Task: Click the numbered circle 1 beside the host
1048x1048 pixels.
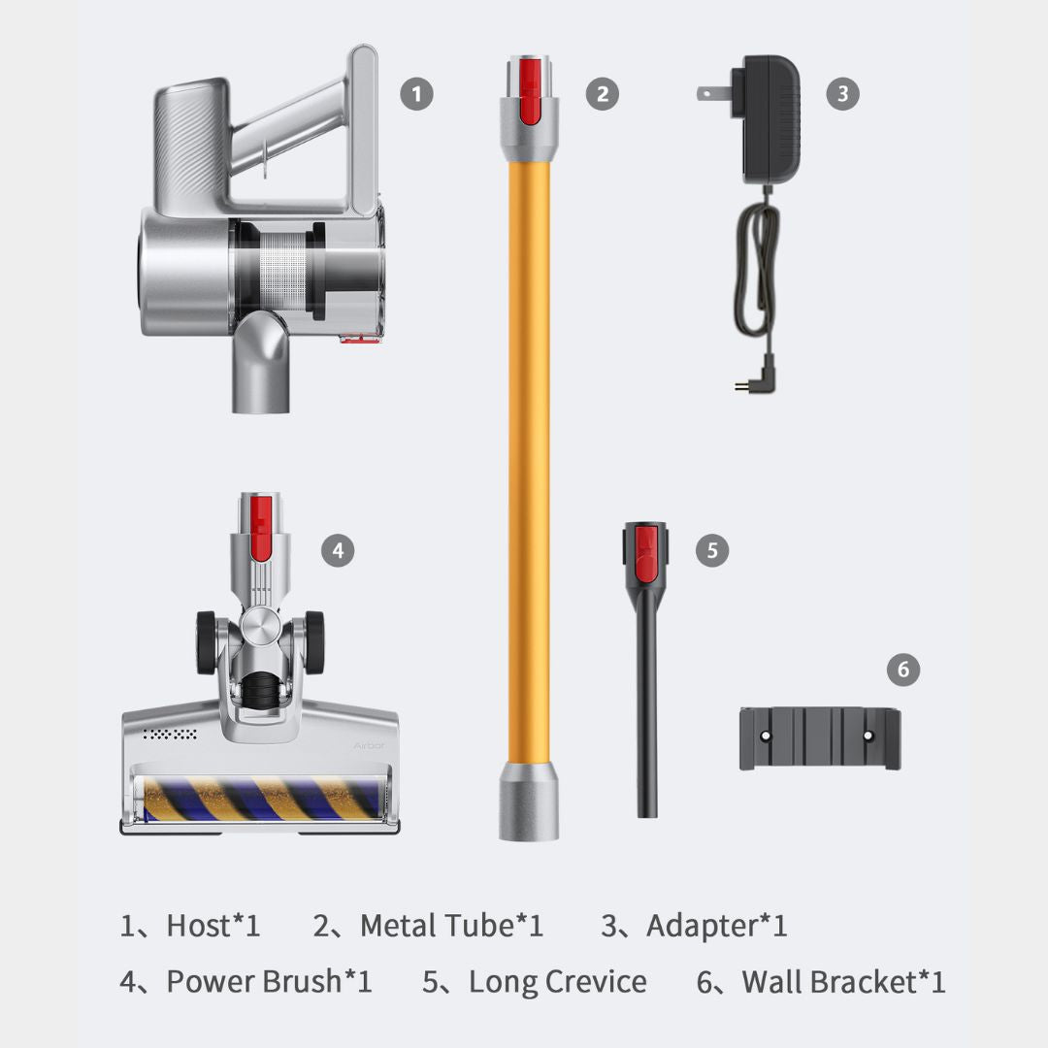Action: (x=416, y=93)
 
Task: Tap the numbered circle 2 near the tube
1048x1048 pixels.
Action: (x=603, y=93)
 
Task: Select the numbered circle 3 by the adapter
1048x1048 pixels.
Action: (x=843, y=93)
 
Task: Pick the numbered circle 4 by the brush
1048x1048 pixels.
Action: (x=338, y=551)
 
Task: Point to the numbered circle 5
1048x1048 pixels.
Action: (x=712, y=551)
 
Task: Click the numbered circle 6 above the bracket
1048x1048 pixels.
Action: (x=903, y=669)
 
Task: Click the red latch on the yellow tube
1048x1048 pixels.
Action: (x=530, y=91)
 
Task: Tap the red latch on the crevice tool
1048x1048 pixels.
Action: (x=645, y=554)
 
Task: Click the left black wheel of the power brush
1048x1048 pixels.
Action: (x=206, y=642)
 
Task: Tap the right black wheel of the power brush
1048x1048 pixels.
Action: (x=314, y=642)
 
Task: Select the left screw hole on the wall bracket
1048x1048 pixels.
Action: (x=766, y=736)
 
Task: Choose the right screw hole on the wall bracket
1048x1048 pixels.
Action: (x=868, y=736)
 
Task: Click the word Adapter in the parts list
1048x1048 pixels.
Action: (x=702, y=927)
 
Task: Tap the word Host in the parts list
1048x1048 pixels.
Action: (x=199, y=926)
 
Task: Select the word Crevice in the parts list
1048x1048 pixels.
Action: (x=596, y=982)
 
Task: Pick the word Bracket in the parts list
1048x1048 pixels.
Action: (x=863, y=982)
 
